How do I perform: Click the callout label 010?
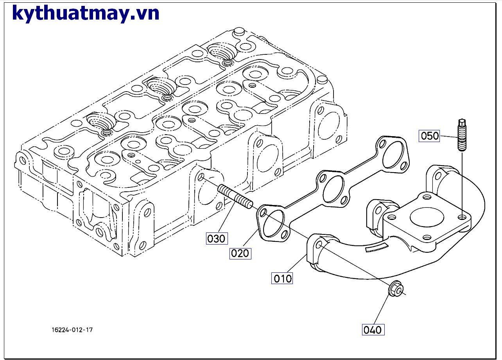282,278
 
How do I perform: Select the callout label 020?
240,253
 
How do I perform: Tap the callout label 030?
216,238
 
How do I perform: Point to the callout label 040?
373,329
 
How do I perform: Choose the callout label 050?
430,136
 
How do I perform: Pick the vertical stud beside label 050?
462,135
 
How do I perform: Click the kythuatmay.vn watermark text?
86,13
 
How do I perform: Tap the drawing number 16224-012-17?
72,330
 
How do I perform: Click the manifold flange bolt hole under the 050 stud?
463,217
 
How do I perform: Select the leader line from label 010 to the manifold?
298,263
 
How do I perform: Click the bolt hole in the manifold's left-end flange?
319,245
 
